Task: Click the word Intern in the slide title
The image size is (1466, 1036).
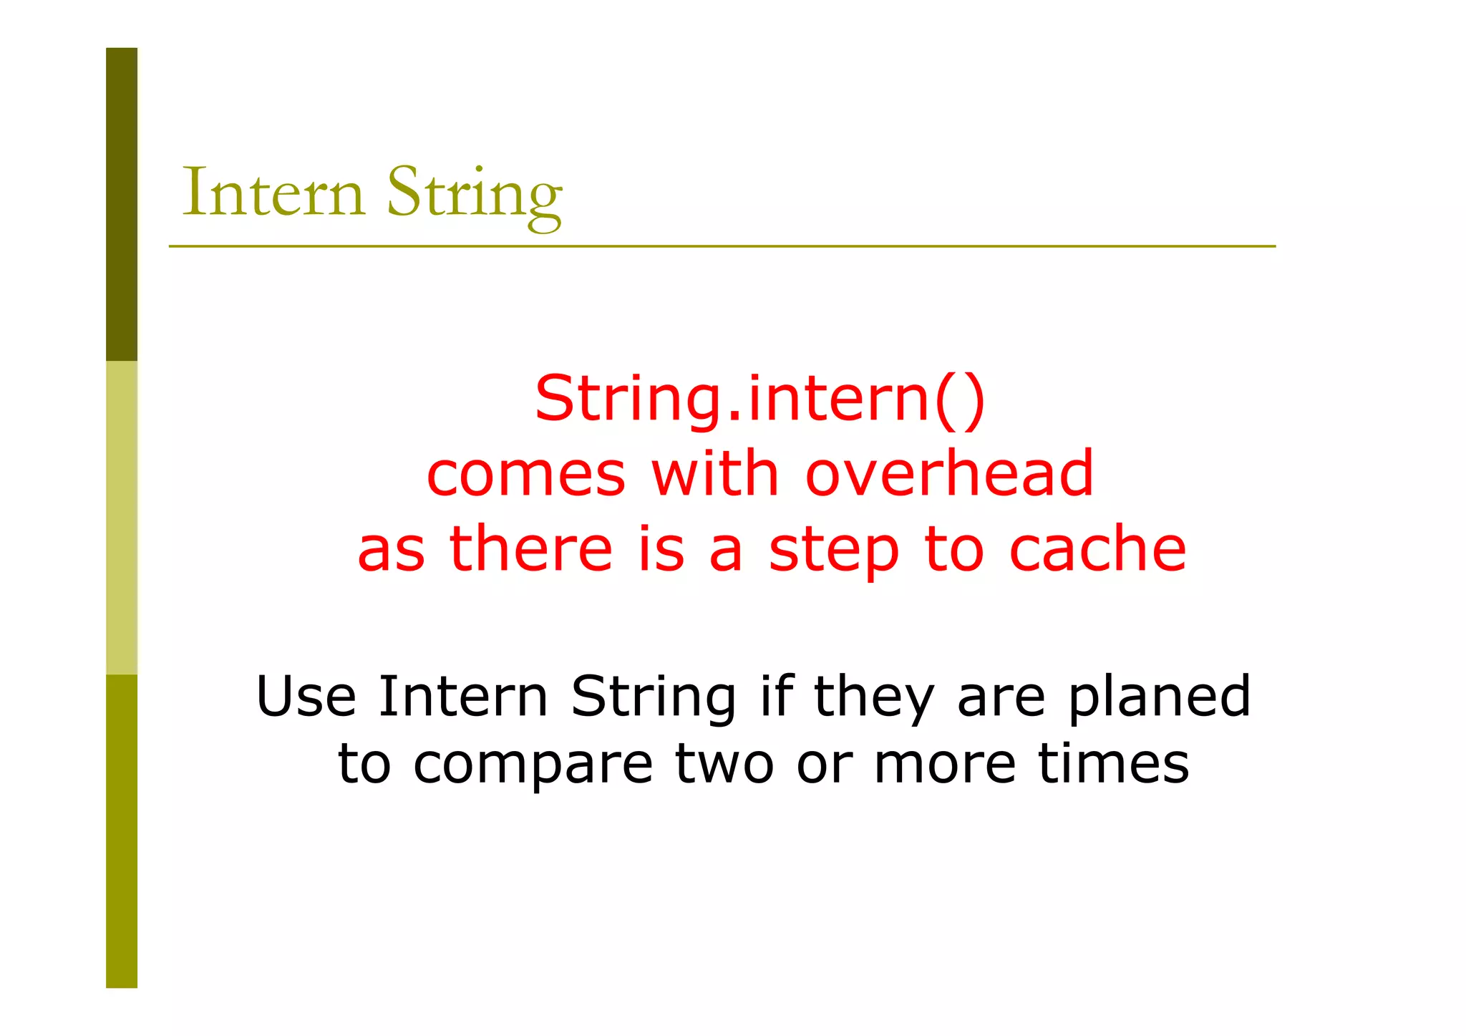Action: pyautogui.click(x=273, y=193)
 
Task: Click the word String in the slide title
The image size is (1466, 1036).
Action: pyautogui.click(x=475, y=195)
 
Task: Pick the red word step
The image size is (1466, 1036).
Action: pyautogui.click(x=833, y=551)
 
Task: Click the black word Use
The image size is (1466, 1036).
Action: pyautogui.click(x=306, y=696)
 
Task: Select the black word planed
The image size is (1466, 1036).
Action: pyautogui.click(x=1159, y=697)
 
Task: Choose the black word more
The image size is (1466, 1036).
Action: pyautogui.click(x=945, y=763)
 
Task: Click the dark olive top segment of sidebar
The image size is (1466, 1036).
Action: pyautogui.click(x=122, y=204)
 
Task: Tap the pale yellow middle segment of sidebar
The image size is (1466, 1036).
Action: pyautogui.click(x=122, y=517)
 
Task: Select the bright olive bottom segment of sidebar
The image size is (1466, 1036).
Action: pyautogui.click(x=122, y=831)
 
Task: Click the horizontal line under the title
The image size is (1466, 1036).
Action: pyautogui.click(x=722, y=246)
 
